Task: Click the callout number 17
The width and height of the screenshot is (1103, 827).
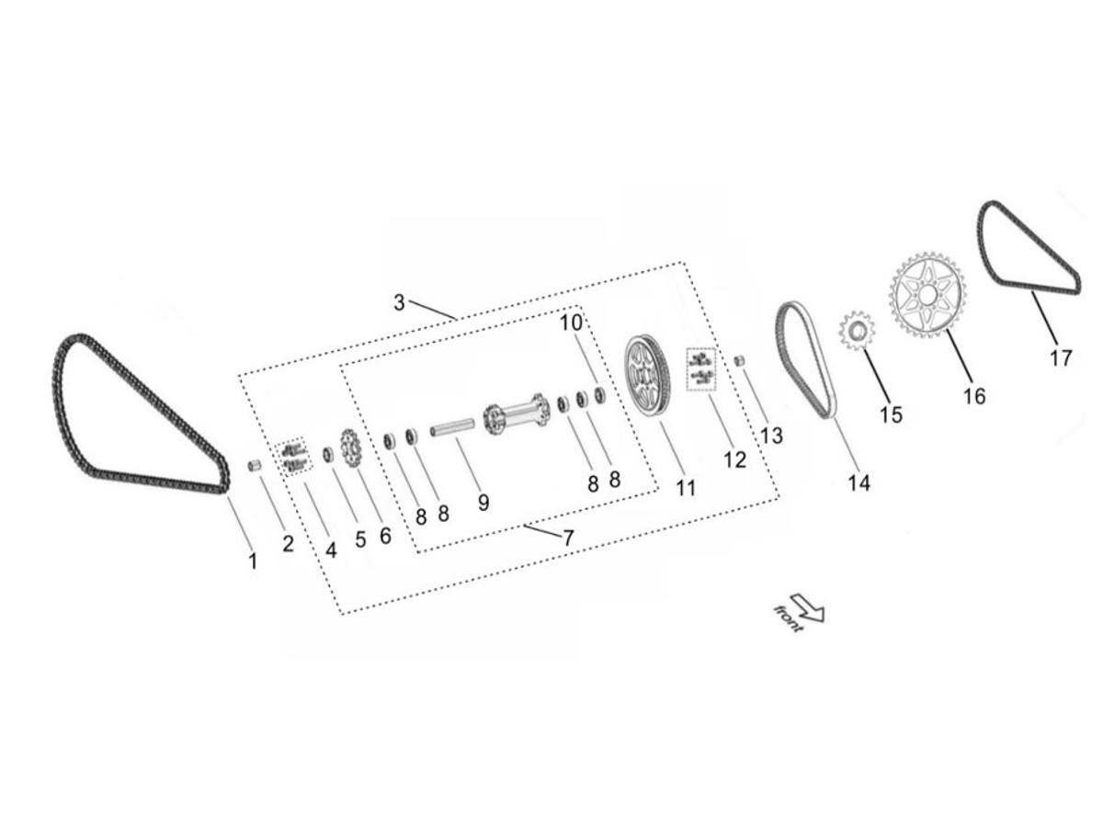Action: (x=1061, y=358)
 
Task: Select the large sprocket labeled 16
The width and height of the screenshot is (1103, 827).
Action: (x=927, y=296)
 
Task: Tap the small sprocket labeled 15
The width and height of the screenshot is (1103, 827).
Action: (x=857, y=332)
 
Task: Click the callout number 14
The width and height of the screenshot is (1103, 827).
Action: (x=859, y=482)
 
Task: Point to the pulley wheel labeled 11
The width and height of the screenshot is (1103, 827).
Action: (x=650, y=378)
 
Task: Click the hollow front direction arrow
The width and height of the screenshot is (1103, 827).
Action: (x=807, y=607)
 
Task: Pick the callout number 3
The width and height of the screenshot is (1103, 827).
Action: (x=399, y=302)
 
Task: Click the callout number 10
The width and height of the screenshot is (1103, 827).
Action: (x=571, y=323)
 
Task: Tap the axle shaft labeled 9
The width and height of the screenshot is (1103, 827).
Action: (x=452, y=428)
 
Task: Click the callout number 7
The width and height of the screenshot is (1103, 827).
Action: (x=568, y=538)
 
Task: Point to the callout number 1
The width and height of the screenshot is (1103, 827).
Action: (x=254, y=561)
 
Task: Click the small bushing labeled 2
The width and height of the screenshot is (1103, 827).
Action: (x=256, y=467)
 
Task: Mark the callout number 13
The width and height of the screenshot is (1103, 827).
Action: (x=771, y=435)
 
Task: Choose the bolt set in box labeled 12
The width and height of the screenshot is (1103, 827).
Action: (x=702, y=368)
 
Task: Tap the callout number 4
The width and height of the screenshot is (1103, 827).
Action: (x=331, y=551)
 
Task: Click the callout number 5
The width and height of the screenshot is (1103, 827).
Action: (x=360, y=539)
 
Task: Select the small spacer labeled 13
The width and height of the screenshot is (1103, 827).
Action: (x=738, y=358)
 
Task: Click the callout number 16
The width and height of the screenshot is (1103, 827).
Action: (x=973, y=396)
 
